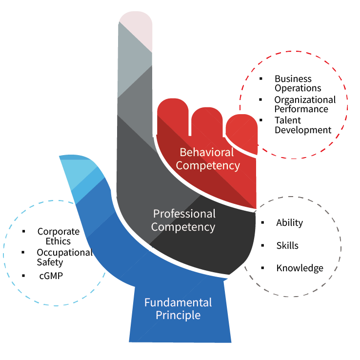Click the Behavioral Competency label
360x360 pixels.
point(208,159)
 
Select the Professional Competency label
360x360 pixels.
point(183,220)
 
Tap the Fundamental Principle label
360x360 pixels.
point(178,309)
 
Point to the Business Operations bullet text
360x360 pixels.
point(298,83)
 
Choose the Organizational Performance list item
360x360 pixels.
point(304,104)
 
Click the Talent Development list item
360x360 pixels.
point(302,125)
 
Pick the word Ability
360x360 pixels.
point(289,223)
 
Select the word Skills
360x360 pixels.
point(287,245)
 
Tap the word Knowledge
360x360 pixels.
point(300,268)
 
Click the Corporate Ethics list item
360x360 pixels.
point(58,236)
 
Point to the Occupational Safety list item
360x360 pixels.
point(64,257)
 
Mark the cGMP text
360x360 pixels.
point(51,276)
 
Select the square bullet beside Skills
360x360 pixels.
point(263,245)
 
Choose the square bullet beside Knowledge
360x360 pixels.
point(263,267)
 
